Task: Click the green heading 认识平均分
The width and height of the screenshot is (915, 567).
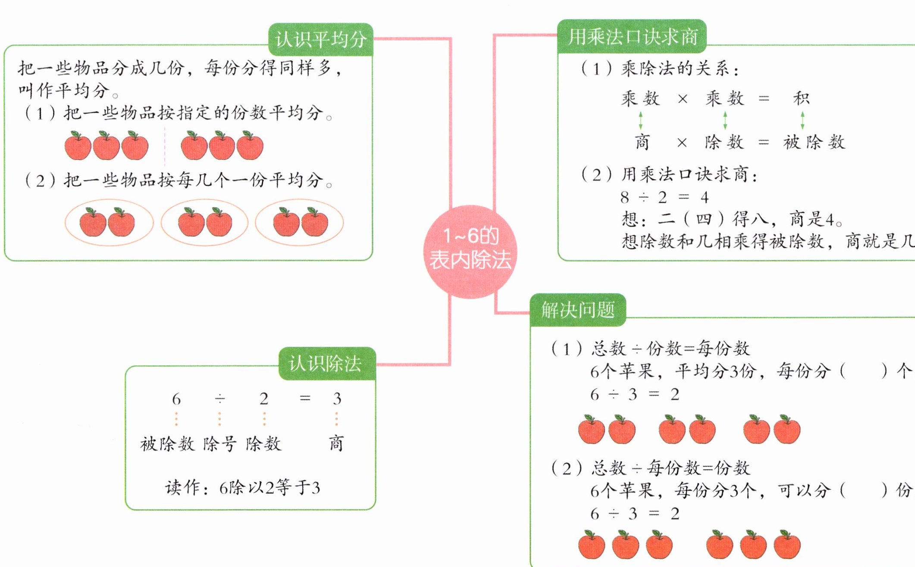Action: click(x=321, y=40)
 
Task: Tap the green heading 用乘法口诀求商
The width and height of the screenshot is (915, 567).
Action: click(x=633, y=37)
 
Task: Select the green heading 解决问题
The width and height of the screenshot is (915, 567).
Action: click(x=578, y=310)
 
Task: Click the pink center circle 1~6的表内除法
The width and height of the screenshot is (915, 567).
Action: click(x=470, y=252)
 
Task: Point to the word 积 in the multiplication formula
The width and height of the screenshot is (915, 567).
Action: click(x=802, y=98)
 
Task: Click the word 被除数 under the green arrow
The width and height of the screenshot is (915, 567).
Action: click(x=814, y=142)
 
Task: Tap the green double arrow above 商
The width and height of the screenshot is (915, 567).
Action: click(x=641, y=120)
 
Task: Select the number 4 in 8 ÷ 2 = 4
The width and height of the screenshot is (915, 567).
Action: click(x=705, y=197)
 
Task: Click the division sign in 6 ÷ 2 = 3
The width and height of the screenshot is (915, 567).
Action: click(x=219, y=399)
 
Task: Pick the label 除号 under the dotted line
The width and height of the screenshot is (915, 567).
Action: click(x=219, y=444)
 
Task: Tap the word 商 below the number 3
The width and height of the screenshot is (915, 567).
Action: click(x=336, y=443)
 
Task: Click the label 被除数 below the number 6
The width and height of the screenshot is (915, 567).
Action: click(x=167, y=444)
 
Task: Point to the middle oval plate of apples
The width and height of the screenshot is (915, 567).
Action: click(x=204, y=222)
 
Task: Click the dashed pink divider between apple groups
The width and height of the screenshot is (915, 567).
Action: click(x=165, y=146)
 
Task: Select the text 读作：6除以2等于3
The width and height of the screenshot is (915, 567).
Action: click(x=242, y=488)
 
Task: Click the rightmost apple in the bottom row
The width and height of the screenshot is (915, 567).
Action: click(x=787, y=545)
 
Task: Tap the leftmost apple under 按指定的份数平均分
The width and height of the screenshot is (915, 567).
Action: click(x=78, y=146)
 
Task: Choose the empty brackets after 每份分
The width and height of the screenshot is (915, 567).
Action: click(x=864, y=371)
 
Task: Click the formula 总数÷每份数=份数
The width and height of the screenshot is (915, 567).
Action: click(x=671, y=468)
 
